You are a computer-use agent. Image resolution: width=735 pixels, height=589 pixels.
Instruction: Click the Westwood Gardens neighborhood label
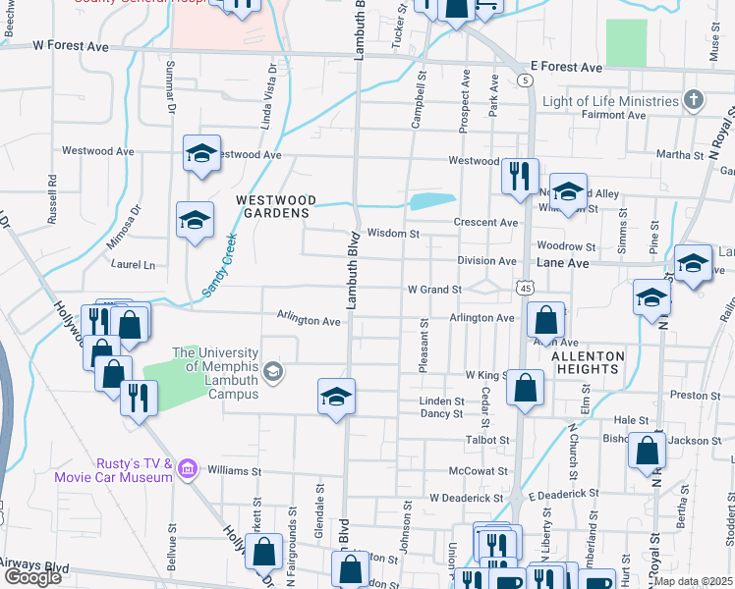coord(274,205)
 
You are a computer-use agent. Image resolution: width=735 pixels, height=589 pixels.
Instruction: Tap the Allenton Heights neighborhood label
coord(588,362)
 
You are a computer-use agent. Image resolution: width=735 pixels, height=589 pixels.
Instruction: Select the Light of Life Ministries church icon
coord(694,101)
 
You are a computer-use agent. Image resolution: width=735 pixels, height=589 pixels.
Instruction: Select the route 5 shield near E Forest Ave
coord(527,79)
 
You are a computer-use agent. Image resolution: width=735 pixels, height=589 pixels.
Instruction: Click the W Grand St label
coord(434,290)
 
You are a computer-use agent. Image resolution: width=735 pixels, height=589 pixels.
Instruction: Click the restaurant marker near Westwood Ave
coord(519,176)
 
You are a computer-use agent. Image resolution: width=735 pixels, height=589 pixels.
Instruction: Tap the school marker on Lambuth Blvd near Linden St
coord(336,396)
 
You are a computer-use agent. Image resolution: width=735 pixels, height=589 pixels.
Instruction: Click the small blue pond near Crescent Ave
coord(431,201)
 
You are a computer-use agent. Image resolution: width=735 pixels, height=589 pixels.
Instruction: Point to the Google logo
coord(32,577)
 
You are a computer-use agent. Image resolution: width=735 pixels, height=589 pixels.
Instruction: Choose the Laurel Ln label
coord(134,265)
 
